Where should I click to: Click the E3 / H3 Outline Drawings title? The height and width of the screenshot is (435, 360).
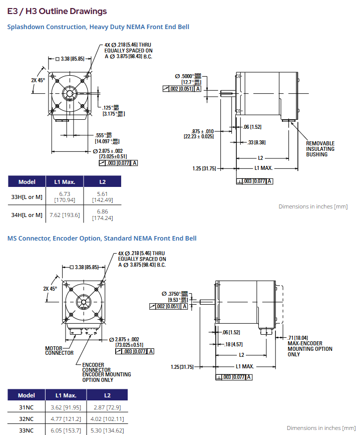[57, 11]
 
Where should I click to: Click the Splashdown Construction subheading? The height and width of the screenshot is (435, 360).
[98, 27]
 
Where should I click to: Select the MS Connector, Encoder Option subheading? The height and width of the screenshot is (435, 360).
[102, 238]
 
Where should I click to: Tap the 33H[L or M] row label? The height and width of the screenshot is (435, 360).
[27, 197]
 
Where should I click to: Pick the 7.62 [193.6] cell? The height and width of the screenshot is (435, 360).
[64, 215]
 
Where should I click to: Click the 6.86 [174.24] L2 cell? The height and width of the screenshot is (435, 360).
[102, 215]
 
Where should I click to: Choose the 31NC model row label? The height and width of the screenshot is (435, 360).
[27, 407]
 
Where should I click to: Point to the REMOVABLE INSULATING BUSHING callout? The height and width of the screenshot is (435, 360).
[320, 149]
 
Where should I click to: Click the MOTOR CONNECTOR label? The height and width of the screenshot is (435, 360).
[59, 350]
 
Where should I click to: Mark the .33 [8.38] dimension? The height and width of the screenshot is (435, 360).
[257, 143]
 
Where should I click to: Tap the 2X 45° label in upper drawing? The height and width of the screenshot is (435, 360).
[38, 80]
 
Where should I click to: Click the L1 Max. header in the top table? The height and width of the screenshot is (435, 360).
[64, 182]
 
